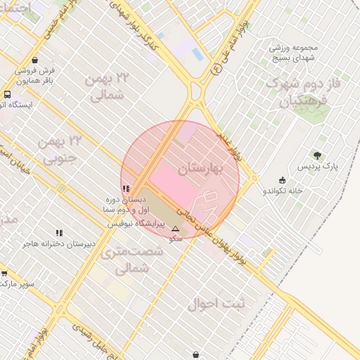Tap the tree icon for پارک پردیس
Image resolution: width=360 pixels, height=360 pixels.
[317, 155]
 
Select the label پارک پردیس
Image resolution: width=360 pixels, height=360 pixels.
[318, 167]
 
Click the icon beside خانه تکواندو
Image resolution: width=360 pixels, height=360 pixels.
[283, 180]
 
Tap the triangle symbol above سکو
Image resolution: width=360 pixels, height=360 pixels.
[175, 229]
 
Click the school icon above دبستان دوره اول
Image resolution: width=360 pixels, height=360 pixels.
[126, 188]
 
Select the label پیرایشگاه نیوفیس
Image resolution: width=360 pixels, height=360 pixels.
[136, 224]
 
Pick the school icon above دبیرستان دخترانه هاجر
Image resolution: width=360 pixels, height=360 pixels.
[59, 233]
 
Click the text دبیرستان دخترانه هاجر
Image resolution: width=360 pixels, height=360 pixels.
[59, 245]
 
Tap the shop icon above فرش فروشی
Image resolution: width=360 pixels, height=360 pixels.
[35, 60]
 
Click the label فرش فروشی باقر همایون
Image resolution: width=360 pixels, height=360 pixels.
[35, 75]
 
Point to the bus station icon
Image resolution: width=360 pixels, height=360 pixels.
[7, 94]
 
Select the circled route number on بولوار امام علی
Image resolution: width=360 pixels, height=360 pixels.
[216, 69]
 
